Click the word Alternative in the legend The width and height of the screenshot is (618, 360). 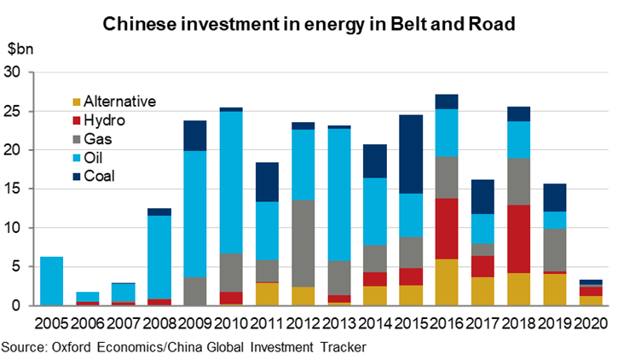[x=119, y=102]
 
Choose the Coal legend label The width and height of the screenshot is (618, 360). [x=99, y=177]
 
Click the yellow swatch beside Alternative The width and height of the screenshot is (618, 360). [x=77, y=102]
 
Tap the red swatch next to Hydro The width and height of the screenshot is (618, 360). [x=77, y=121]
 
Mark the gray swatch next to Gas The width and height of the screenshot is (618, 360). [x=77, y=140]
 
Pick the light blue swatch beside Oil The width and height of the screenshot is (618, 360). [x=77, y=159]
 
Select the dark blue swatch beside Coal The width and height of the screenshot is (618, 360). [x=77, y=177]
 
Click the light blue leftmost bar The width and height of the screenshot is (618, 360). [x=52, y=281]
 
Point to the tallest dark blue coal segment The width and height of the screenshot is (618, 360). [x=411, y=154]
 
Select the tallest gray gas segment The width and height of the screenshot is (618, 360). [x=303, y=243]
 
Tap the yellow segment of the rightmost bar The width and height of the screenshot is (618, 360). [x=591, y=300]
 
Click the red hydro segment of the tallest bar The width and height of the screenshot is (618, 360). [x=447, y=229]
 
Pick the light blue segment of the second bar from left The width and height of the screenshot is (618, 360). [x=88, y=296]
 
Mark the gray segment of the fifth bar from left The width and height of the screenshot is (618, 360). [x=195, y=291]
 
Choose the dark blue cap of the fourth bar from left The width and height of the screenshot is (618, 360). [x=159, y=212]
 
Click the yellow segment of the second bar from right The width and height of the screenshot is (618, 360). [x=555, y=289]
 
